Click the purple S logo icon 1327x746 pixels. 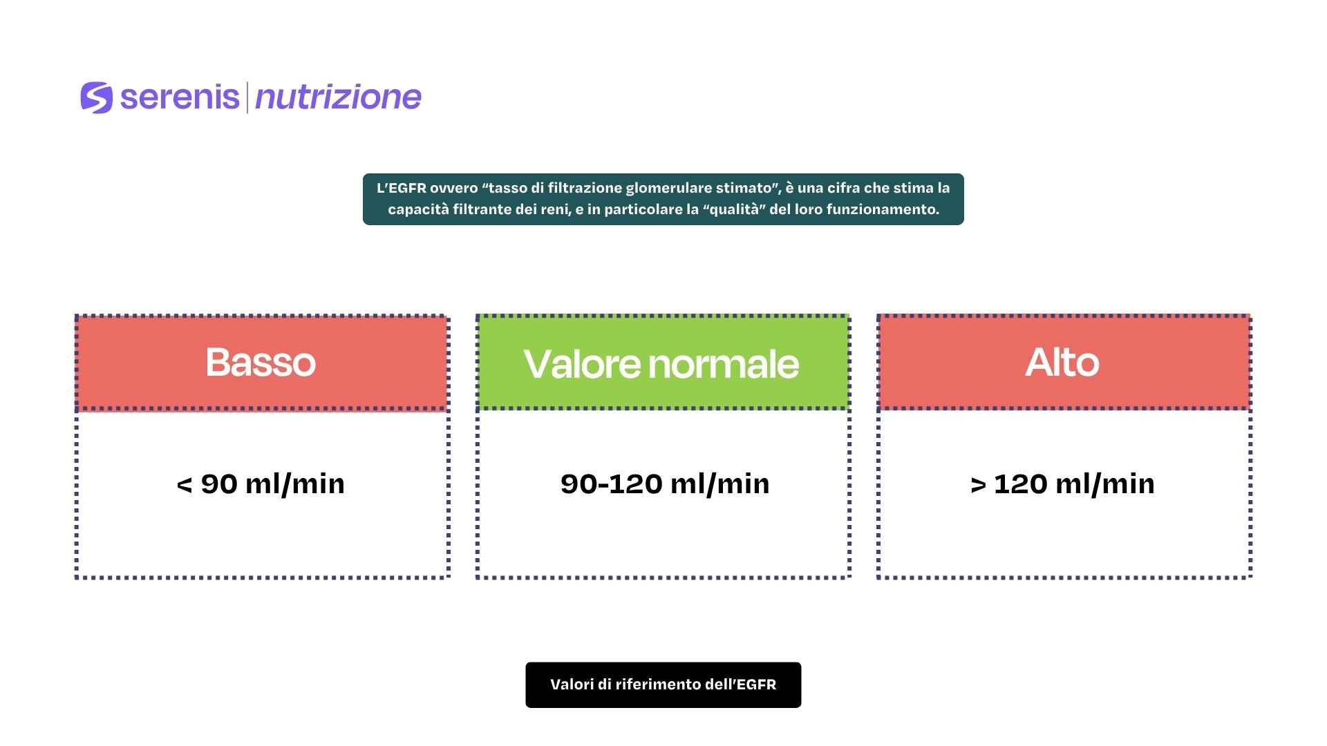click(x=96, y=97)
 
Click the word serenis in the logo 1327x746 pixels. click(x=180, y=97)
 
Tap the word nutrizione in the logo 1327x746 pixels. click(x=338, y=97)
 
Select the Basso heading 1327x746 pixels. click(x=261, y=362)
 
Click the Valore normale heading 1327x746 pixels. click(x=661, y=363)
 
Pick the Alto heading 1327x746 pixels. click(x=1062, y=362)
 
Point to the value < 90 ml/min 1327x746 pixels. click(x=261, y=484)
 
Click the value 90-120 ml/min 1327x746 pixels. click(x=665, y=484)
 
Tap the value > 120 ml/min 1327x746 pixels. click(x=1062, y=484)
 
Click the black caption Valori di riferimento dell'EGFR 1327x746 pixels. click(x=663, y=685)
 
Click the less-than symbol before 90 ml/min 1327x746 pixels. click(x=185, y=485)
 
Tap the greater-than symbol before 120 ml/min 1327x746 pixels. click(x=978, y=485)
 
